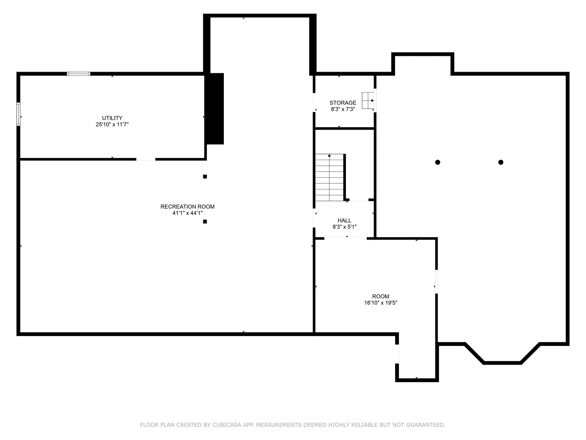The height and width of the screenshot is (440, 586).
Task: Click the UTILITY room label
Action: coord(112,118)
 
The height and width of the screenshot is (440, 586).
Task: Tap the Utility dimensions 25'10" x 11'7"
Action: coord(112,124)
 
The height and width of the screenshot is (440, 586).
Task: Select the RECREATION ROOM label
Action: coord(188,207)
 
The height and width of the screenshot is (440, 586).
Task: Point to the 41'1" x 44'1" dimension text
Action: coord(188,213)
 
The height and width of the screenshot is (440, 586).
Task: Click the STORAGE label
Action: coord(343,103)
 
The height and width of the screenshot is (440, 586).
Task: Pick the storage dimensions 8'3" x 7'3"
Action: coord(343,109)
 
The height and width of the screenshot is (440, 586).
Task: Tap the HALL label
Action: coord(344,220)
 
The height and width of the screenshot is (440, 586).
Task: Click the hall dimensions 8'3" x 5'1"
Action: coord(344,227)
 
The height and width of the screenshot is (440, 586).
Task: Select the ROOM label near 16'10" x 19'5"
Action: coord(381,296)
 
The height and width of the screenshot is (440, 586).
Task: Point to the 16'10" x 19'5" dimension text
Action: coord(381,303)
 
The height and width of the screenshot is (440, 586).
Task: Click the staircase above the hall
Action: coord(330,177)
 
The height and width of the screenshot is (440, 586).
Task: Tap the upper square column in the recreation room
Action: coord(205,176)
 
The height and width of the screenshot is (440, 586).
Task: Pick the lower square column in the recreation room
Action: coord(205,222)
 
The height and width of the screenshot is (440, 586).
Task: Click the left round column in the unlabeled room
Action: coord(437,162)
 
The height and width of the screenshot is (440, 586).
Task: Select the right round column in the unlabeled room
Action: coord(501,162)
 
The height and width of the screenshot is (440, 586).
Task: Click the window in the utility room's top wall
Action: coord(79,74)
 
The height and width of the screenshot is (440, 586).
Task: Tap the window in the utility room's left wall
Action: coord(18,114)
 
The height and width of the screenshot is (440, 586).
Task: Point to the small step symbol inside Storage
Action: coord(368,101)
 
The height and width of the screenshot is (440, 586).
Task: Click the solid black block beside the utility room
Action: coord(214,108)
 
